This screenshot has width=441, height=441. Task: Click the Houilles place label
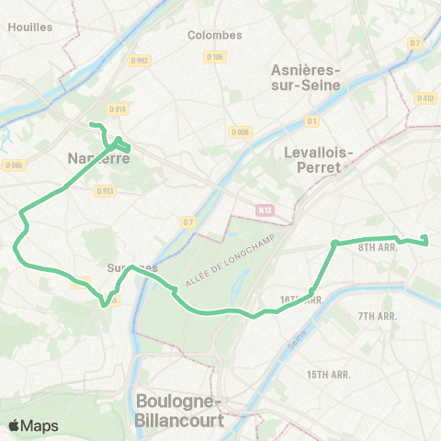coord(29,27)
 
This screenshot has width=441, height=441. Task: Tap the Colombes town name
coord(214,35)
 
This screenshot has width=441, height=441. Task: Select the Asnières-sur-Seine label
coord(306,77)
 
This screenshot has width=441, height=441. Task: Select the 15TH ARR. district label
coord(330,374)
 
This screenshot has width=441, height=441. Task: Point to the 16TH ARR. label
coord(301,300)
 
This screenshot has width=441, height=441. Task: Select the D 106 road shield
coord(216,57)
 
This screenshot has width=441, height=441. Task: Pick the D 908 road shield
coord(241,132)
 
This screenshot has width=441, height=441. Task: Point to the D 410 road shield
coord(424,98)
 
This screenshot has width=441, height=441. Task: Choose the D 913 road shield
coord(105,191)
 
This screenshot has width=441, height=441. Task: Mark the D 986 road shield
coord(13,165)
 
